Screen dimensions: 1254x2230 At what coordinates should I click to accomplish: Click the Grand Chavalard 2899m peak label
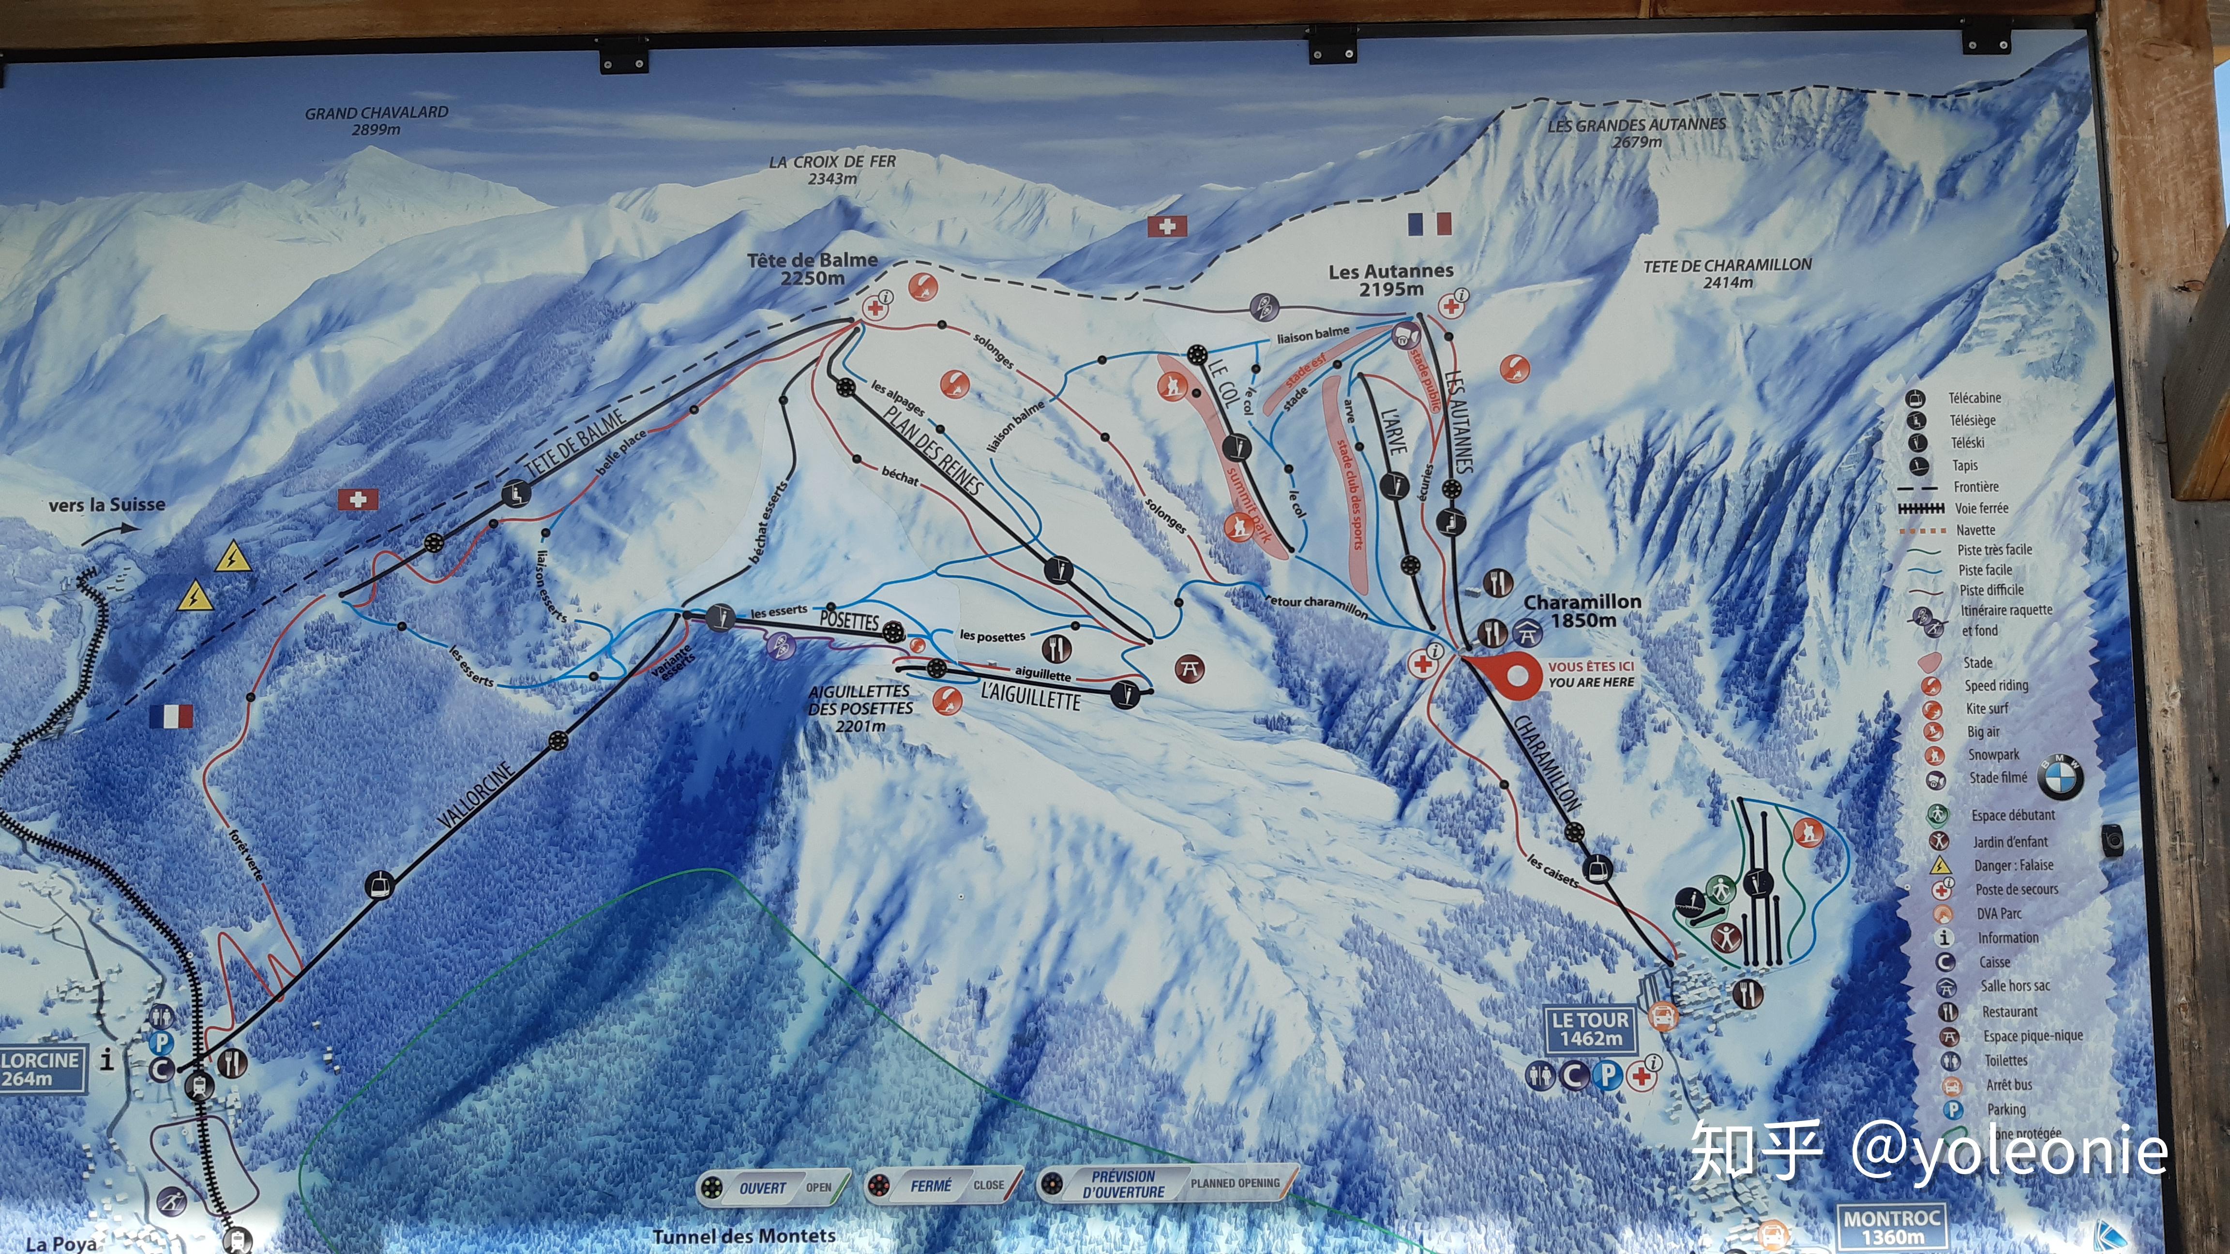tap(377, 120)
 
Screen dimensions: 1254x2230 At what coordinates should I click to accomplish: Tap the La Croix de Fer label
tap(832, 170)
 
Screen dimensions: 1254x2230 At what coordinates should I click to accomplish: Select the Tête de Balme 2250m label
tap(812, 269)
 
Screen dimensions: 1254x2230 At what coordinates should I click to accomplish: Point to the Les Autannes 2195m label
tap(1390, 280)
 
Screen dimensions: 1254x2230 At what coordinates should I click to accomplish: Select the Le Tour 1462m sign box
tap(1590, 1029)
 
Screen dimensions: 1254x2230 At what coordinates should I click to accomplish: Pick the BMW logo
tap(2060, 776)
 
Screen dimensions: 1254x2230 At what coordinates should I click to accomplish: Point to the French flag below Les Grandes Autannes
tap(1429, 224)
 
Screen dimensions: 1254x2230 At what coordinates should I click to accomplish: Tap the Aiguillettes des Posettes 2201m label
tap(859, 708)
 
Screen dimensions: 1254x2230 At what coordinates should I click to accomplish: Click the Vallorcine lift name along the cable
tap(476, 796)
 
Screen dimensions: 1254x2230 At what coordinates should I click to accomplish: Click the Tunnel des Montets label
tap(744, 1236)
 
